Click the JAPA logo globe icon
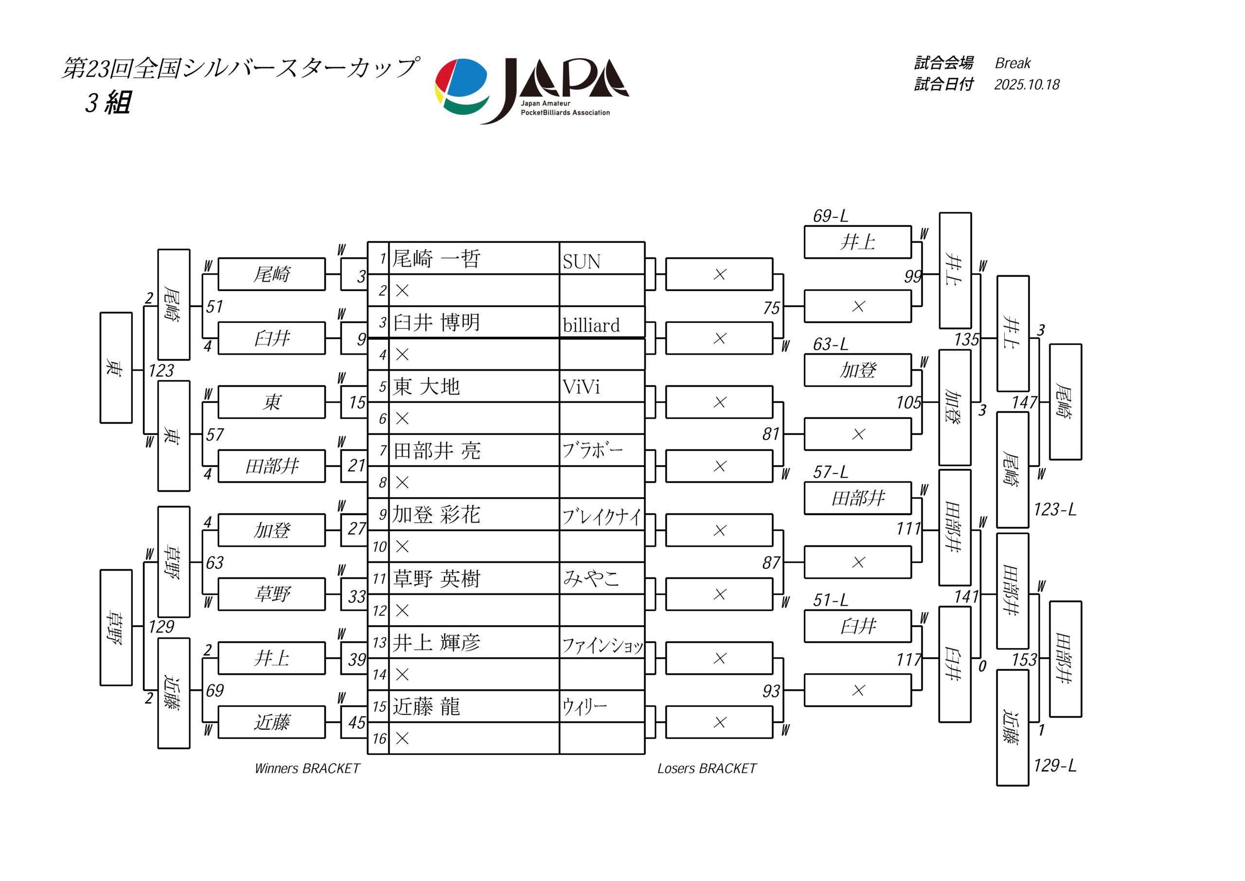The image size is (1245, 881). point(462,87)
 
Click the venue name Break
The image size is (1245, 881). point(1013,63)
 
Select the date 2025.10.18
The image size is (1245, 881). point(1027,85)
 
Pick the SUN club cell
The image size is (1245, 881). point(581,262)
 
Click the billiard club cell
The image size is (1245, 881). point(590,325)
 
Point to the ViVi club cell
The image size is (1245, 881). point(581,387)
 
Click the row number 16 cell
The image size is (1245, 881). point(379,738)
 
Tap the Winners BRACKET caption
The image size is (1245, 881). point(307,768)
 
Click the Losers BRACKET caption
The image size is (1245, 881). point(707,768)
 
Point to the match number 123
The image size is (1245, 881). point(161,371)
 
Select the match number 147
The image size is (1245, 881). point(1024,402)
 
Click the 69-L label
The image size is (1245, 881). point(830,216)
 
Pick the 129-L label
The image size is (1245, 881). point(1055,765)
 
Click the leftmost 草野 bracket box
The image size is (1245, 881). point(116,627)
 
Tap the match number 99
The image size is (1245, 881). point(913,277)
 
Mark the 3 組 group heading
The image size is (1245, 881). point(108,103)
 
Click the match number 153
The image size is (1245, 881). point(1024,660)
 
